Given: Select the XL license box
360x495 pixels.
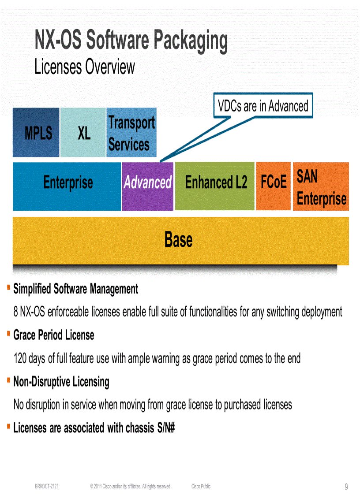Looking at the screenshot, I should pos(83,133).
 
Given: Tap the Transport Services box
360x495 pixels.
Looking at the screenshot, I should pos(131,133).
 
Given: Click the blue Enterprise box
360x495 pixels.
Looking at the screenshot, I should pos(67,186).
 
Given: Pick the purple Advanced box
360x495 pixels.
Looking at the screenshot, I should pos(148,186).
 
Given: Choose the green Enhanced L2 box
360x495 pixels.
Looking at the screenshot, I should pos(215,186).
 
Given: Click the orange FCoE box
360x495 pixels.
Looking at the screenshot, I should pos(273,186).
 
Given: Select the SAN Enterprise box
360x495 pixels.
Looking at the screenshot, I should pos(321,186).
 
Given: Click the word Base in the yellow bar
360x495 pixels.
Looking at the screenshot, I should pos(178,240).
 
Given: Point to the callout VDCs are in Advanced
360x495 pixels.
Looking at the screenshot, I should pos(263,106).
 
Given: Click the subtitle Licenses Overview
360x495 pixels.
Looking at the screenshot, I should pos(85,67).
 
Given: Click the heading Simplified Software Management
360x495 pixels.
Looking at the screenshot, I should pos(75,289).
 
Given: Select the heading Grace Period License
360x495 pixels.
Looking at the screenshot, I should pos(54,335).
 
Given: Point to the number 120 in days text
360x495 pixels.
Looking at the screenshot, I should pos(20,358).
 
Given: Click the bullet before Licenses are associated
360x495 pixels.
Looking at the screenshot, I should pos(8,426).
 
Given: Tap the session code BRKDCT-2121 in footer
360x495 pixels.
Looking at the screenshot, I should pos(47,487).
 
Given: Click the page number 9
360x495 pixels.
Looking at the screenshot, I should pos(346,487).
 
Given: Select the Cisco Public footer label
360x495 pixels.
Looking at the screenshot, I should pos(201,487).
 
